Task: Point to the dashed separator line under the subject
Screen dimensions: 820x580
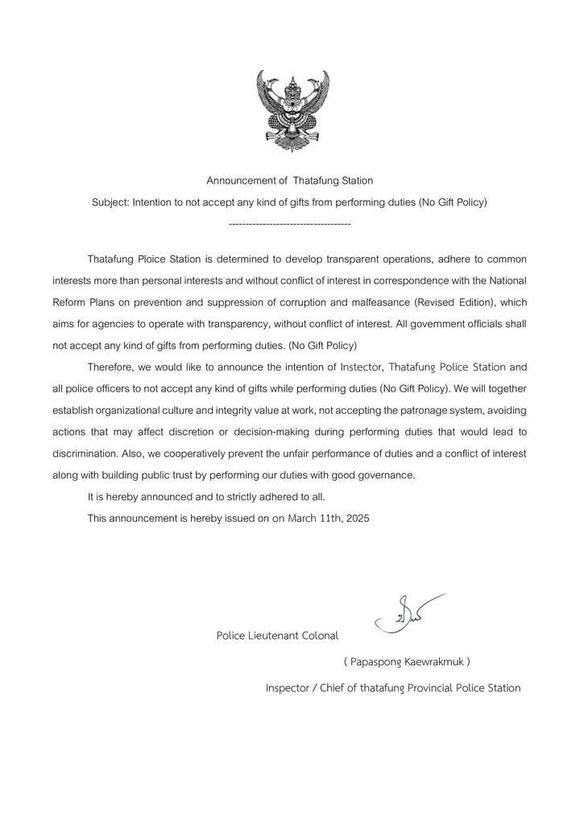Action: (289, 222)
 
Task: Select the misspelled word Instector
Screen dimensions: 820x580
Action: (350, 367)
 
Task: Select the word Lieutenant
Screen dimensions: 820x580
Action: (272, 636)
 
